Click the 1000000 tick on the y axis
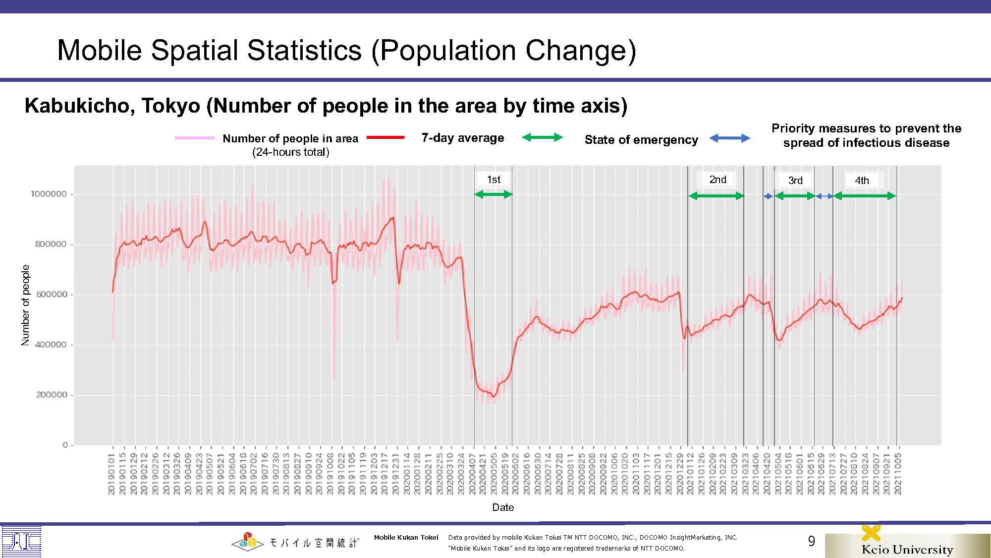(49, 194)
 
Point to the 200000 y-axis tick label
(52, 395)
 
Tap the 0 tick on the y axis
(65, 445)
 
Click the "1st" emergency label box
(493, 180)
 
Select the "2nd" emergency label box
(717, 180)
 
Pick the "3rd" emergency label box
(795, 181)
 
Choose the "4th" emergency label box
(862, 181)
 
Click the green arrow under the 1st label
(493, 194)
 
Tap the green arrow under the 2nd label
(716, 196)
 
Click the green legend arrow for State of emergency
(543, 137)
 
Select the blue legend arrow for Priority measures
(729, 138)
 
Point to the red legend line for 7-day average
(385, 137)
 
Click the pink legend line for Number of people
(194, 138)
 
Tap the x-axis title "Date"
(503, 507)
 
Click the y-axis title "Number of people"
(25, 305)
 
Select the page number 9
(811, 541)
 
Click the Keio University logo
(907, 544)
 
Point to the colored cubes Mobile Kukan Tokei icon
(248, 542)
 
